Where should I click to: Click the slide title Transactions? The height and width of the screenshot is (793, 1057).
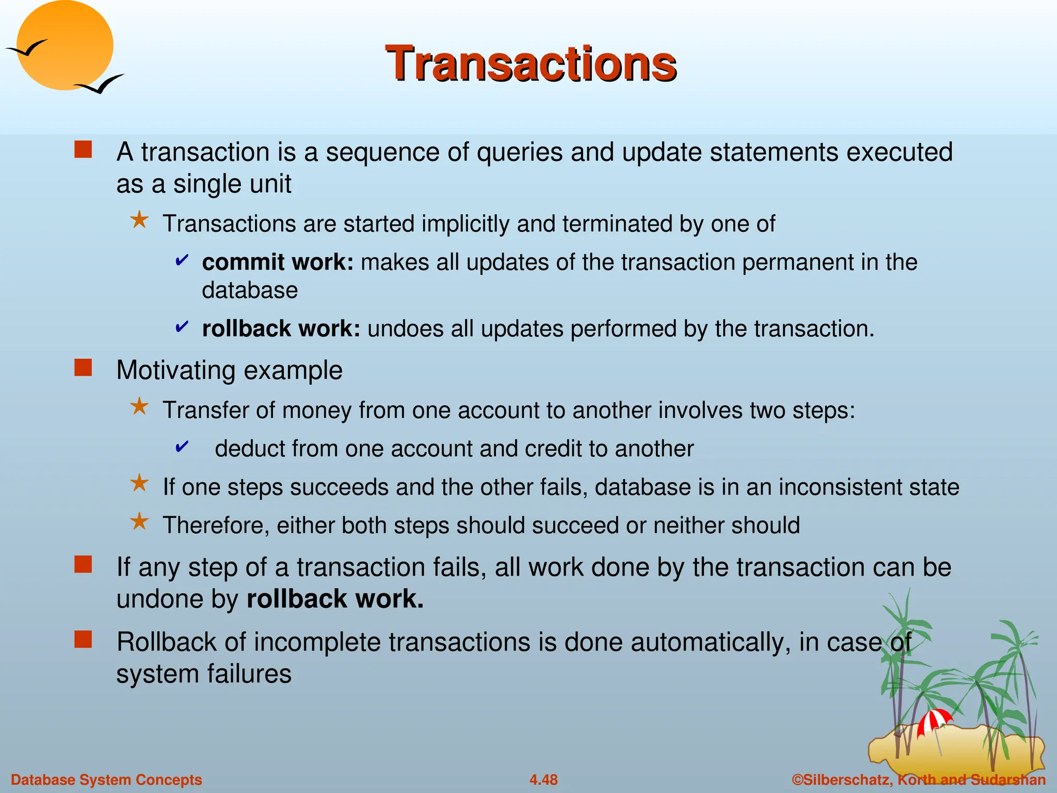[530, 64]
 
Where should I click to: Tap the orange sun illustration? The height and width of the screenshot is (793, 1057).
[65, 45]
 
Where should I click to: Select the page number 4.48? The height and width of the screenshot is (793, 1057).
[543, 780]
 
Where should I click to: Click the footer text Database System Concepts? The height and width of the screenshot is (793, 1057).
[106, 780]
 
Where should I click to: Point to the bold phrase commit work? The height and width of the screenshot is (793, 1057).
[278, 262]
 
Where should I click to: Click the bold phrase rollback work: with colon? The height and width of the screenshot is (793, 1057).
[281, 329]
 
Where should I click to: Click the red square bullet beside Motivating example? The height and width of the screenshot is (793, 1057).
[83, 369]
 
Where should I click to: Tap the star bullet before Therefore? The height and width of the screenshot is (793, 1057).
[139, 522]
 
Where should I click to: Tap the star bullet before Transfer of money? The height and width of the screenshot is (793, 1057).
[139, 407]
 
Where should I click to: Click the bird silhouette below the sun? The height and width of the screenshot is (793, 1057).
[101, 85]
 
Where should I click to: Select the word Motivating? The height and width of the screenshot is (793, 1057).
[176, 371]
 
